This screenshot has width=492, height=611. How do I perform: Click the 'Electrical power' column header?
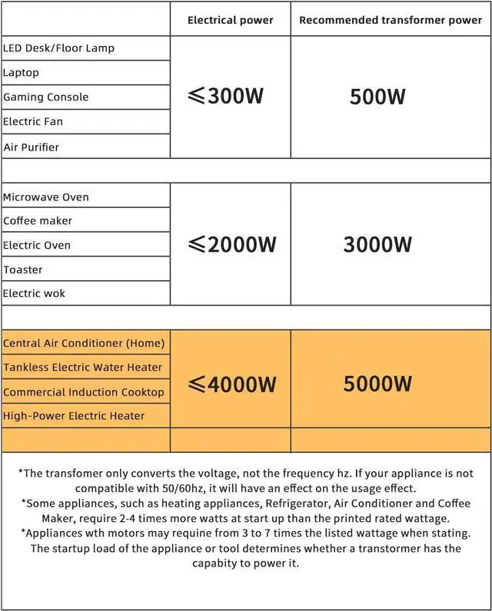(230, 20)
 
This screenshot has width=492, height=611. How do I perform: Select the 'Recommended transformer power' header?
(391, 20)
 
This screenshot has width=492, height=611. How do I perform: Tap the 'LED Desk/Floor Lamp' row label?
(58, 48)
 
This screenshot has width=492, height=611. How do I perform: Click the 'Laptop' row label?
(21, 72)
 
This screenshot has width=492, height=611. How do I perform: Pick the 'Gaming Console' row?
(45, 97)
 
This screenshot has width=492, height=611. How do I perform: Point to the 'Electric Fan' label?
(33, 121)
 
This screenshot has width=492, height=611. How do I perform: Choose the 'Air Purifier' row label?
(31, 147)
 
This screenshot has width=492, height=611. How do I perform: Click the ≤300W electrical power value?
(226, 97)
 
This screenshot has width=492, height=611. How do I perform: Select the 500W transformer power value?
(377, 97)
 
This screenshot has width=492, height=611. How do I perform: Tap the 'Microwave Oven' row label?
(46, 197)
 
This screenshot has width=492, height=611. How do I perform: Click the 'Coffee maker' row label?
(38, 220)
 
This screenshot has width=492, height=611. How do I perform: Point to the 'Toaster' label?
(23, 269)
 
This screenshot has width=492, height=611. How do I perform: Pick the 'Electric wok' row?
(34, 293)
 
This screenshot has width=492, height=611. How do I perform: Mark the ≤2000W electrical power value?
(231, 245)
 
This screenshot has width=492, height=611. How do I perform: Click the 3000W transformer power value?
(377, 245)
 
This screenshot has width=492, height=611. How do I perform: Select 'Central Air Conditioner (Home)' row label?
(84, 342)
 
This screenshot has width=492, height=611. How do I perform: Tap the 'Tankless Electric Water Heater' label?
(83, 367)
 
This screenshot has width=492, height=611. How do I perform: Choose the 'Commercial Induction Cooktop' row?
(84, 391)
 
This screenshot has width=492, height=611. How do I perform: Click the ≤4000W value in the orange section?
(231, 384)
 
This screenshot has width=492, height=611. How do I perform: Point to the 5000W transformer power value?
(377, 384)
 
